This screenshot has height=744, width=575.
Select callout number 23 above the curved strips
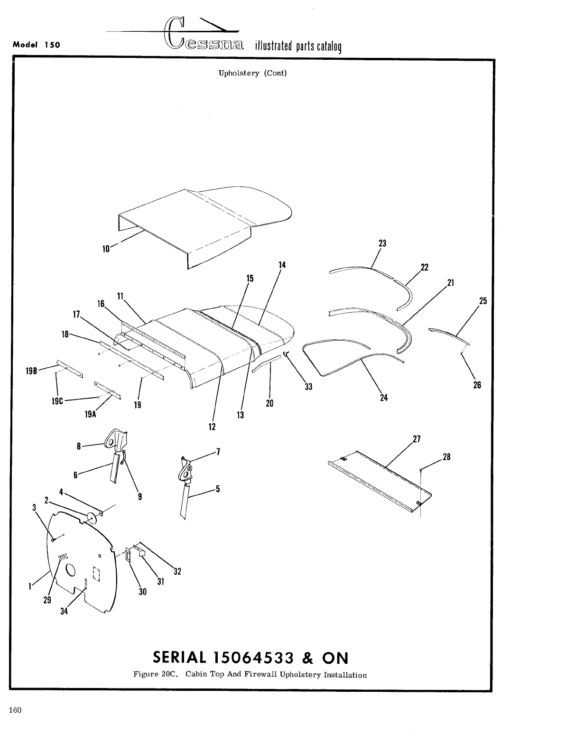click(x=382, y=243)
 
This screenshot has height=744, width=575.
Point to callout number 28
click(x=446, y=457)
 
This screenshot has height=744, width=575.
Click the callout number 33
click(x=308, y=387)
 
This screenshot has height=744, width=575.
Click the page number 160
click(x=15, y=710)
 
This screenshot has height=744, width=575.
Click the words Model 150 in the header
click(x=37, y=45)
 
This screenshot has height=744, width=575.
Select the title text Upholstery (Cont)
click(x=252, y=73)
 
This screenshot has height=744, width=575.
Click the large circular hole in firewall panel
click(x=70, y=569)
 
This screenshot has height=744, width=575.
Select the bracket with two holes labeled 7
click(x=186, y=470)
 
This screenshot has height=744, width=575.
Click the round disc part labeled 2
click(x=90, y=517)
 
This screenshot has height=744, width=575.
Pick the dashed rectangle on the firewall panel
click(x=96, y=574)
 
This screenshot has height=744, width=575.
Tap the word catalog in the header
click(x=327, y=46)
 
